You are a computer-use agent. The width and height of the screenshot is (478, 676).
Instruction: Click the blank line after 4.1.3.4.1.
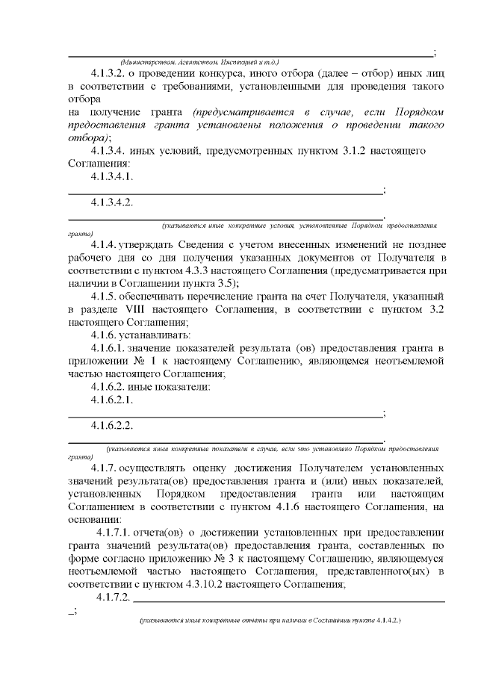[x=224, y=191]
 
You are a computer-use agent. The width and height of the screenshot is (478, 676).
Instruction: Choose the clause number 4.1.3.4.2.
[x=112, y=202]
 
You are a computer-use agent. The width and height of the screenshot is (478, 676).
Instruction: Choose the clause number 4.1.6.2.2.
[x=112, y=425]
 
